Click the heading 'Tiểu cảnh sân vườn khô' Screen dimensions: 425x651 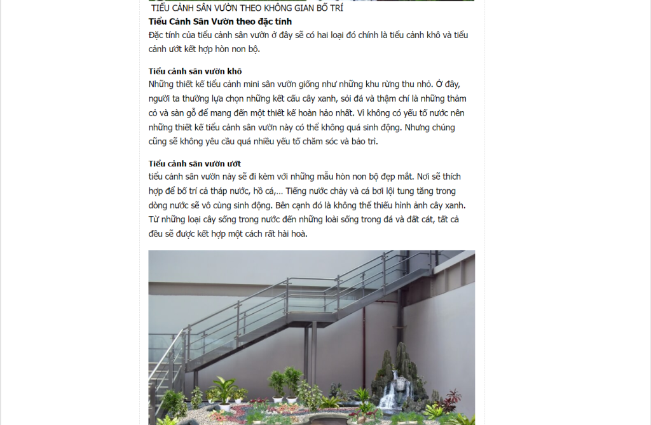(195, 71)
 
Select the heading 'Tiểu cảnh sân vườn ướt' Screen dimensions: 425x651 (195, 163)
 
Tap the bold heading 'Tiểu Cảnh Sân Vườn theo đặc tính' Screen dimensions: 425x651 (220, 22)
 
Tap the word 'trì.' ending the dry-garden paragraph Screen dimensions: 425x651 (369, 142)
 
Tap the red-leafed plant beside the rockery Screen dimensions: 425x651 (453, 400)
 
